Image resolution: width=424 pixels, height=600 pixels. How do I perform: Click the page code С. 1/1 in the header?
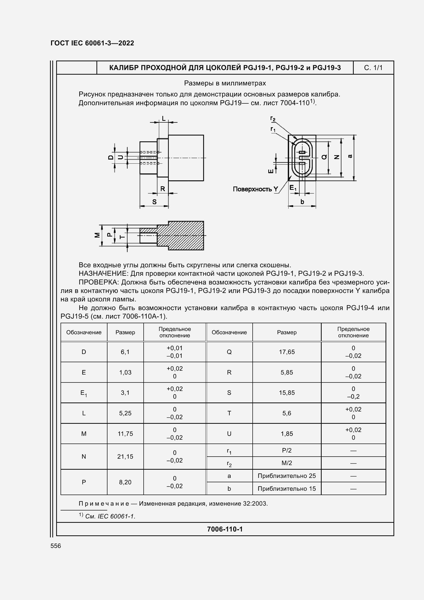(373, 68)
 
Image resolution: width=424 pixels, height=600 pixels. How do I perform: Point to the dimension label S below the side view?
(154, 202)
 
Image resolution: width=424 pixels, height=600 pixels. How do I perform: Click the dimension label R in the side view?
(162, 189)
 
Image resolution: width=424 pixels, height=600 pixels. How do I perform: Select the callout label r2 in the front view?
(273, 119)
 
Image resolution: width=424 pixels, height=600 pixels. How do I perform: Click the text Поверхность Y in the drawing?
(255, 189)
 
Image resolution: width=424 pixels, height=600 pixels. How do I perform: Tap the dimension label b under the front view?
(302, 202)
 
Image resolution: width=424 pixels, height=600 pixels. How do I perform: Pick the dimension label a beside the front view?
(350, 156)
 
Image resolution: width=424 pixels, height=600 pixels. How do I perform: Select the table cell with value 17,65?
(287, 352)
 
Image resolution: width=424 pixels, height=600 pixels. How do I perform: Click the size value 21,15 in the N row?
(125, 457)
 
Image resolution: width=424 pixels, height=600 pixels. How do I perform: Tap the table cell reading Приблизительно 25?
(287, 476)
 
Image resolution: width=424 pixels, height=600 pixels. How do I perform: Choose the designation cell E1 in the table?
(84, 393)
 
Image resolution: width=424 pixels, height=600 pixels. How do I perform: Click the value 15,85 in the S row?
(287, 393)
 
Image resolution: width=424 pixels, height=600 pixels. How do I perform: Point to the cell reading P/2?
(287, 450)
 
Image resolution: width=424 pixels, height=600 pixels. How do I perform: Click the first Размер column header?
(125, 332)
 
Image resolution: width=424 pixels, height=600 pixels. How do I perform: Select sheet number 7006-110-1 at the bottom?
(225, 529)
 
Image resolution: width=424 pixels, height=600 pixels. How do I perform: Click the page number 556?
(56, 546)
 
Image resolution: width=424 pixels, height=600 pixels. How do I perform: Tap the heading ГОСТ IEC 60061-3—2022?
(92, 43)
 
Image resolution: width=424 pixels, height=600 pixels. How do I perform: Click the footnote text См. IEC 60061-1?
(110, 516)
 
